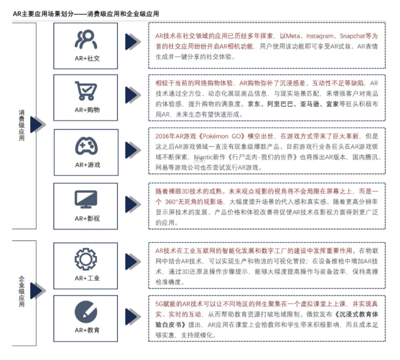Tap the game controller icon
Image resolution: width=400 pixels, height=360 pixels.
click(x=86, y=146)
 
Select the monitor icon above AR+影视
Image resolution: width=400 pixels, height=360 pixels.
click(x=86, y=199)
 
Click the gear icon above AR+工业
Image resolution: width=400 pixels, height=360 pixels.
click(x=86, y=258)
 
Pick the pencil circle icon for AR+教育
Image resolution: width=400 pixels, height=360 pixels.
click(x=86, y=311)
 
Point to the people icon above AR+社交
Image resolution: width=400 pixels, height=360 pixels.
click(x=86, y=39)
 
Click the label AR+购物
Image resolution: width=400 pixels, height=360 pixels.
click(x=86, y=110)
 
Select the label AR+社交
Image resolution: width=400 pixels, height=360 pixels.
click(x=86, y=58)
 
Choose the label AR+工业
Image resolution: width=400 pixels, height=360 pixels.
click(x=86, y=277)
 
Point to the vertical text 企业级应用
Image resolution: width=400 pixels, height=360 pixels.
click(x=22, y=292)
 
